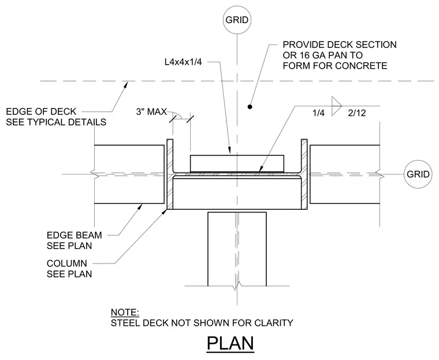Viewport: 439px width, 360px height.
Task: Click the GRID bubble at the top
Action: pos(237,20)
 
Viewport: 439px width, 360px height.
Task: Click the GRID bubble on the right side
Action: pos(418,175)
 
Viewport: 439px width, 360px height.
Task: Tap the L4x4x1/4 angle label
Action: pos(183,62)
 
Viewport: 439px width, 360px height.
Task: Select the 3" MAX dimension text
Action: pos(151,112)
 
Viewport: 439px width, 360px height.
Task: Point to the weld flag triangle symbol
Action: pos(337,106)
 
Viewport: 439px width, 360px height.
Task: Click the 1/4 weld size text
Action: pos(319,113)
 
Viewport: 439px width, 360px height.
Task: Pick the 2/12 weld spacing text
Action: pos(357,113)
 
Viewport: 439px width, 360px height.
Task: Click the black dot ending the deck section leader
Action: pos(250,106)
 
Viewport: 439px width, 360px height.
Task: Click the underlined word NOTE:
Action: pos(125,313)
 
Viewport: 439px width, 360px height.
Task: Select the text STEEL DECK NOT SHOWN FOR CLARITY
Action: pos(202,323)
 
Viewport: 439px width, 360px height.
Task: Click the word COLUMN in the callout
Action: pos(67,263)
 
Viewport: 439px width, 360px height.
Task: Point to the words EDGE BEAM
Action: pos(74,235)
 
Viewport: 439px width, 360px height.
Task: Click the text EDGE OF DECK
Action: pos(41,112)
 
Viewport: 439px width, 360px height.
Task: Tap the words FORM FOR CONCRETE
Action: pos(335,65)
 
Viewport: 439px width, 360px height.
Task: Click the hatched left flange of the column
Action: pos(170,175)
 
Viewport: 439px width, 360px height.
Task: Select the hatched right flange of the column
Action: pos(304,175)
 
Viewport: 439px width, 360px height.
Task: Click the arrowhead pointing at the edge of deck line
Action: pos(127,84)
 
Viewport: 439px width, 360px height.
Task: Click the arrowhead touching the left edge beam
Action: pos(140,207)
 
